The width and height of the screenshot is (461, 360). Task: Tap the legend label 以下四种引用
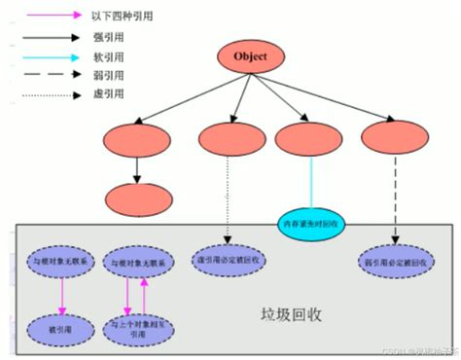(122, 16)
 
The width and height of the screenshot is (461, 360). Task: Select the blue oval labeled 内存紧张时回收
(312, 222)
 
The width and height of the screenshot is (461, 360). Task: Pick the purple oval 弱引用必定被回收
(396, 262)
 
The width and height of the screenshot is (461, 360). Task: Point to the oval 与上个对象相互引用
(136, 326)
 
